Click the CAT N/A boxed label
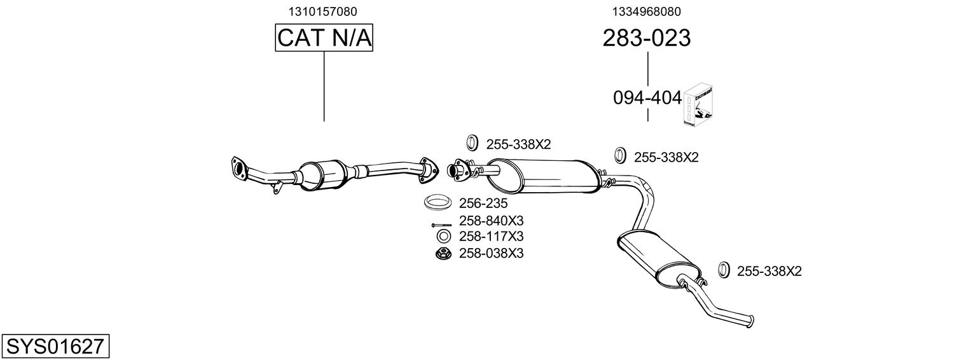324,38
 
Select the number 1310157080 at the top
323,11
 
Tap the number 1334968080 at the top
647,11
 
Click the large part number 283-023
646,38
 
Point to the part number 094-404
647,98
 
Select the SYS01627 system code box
55,347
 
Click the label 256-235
483,204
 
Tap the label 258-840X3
491,221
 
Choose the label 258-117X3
491,237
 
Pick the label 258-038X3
491,253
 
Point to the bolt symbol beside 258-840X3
440,225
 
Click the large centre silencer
544,176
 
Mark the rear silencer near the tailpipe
655,258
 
